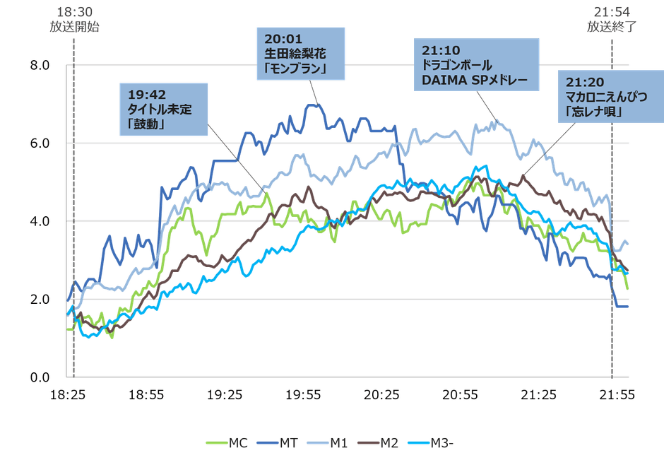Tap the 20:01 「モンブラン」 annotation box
click(295, 54)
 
